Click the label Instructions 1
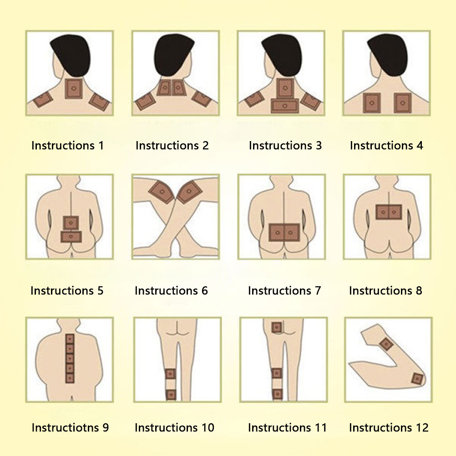point(67,146)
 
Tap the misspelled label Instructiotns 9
point(70,427)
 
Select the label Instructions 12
point(389,427)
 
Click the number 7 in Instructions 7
point(318,290)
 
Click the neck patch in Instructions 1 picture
point(74,89)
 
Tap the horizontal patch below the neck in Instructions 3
point(285,106)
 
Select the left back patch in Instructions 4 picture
point(372,103)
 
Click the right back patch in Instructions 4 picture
point(403,103)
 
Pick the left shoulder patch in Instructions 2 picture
point(146,101)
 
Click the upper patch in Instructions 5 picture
point(71,223)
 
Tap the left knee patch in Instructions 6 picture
point(162,192)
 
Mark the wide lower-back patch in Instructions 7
point(284,233)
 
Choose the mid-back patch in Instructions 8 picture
point(389,212)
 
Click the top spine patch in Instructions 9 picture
point(70,339)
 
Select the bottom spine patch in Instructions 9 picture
point(70,378)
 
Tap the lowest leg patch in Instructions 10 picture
point(171,395)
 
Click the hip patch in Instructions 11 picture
point(277,328)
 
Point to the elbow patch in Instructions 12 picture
point(417,379)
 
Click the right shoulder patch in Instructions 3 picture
point(311,101)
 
